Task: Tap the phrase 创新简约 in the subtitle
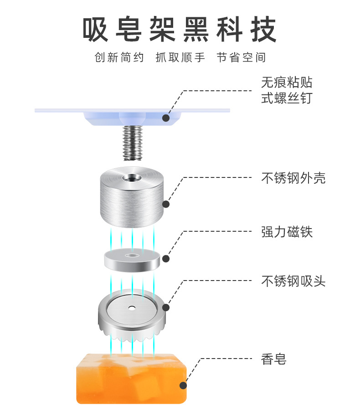(x=119, y=58)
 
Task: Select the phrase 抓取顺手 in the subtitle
(x=180, y=58)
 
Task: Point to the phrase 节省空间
(x=241, y=58)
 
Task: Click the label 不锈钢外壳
(x=293, y=178)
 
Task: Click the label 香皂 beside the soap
(x=273, y=359)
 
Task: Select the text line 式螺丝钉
(x=287, y=98)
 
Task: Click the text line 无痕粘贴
(x=287, y=83)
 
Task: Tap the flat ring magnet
(x=132, y=260)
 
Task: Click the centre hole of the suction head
(x=132, y=307)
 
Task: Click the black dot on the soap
(x=183, y=385)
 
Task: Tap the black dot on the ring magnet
(x=166, y=259)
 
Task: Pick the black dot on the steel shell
(x=166, y=205)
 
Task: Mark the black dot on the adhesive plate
(x=166, y=118)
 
